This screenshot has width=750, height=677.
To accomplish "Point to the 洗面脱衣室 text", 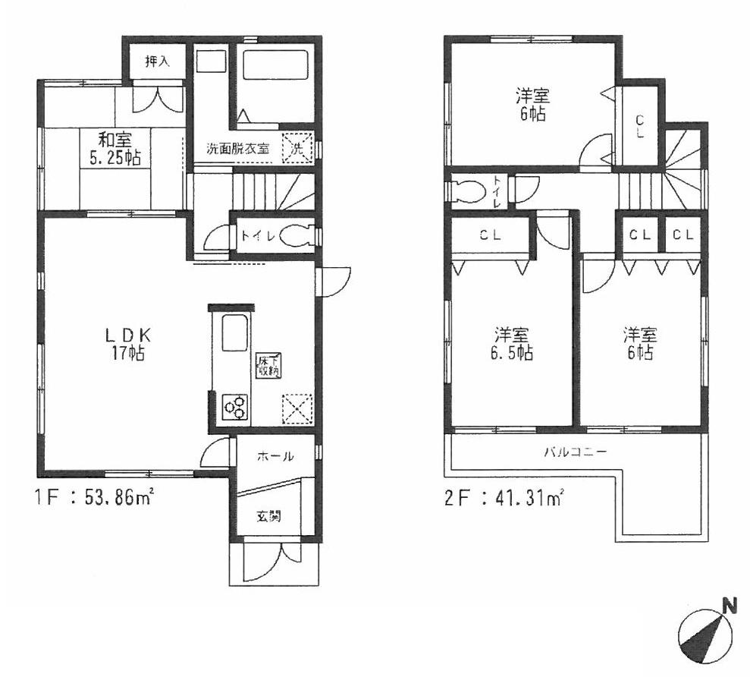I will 238,149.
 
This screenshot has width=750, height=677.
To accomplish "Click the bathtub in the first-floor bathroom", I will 275,83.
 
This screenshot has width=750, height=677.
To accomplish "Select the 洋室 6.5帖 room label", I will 513,343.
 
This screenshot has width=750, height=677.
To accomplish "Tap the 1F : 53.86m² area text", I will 95,499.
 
